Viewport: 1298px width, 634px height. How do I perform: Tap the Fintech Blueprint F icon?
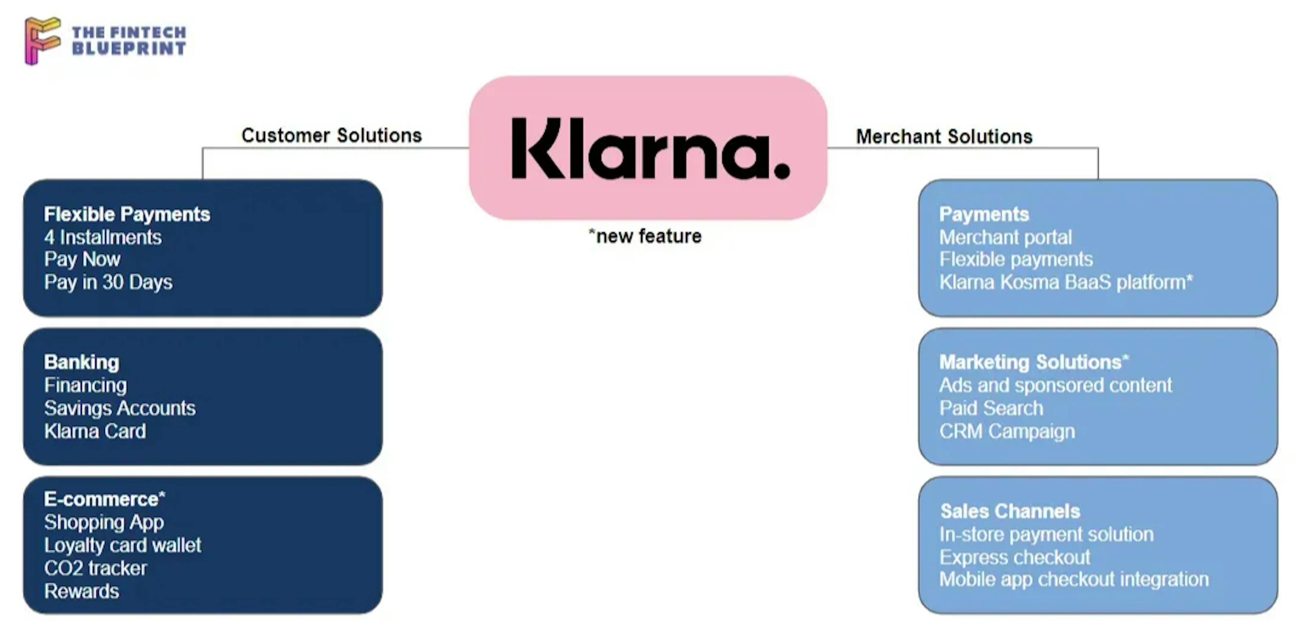click(42, 40)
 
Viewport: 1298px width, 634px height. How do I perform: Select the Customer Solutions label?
click(332, 135)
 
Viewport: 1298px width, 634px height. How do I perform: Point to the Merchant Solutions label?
click(944, 136)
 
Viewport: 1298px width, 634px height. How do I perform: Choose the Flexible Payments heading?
click(127, 214)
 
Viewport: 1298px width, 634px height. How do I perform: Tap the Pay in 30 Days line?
click(108, 282)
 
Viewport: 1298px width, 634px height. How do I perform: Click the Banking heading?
click(81, 362)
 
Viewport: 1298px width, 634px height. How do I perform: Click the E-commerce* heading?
click(104, 499)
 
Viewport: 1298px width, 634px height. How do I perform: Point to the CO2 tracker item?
click(95, 568)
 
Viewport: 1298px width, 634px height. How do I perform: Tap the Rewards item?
click(81, 591)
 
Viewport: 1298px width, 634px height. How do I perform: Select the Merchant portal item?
click(1005, 237)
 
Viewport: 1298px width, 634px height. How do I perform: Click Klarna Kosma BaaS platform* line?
click(1066, 282)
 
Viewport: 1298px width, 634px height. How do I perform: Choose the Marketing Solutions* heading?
click(1034, 362)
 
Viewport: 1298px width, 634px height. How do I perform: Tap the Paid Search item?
click(991, 408)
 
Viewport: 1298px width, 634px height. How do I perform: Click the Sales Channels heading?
click(1010, 511)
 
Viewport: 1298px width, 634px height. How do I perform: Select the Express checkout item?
click(1015, 557)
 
